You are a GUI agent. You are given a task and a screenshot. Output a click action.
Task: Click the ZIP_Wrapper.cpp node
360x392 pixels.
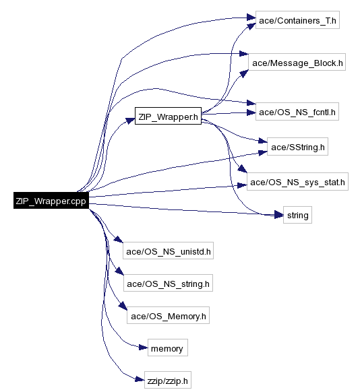pos(51,200)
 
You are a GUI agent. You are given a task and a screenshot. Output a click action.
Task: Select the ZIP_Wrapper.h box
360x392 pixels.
pos(168,116)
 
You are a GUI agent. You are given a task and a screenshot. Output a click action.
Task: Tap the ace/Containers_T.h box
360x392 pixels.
pos(297,20)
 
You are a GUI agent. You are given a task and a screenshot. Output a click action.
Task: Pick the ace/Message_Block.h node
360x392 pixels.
pos(297,62)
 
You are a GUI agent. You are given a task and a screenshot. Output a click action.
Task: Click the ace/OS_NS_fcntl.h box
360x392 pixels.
pos(297,111)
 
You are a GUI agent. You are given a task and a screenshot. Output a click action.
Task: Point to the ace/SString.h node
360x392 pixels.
pos(297,146)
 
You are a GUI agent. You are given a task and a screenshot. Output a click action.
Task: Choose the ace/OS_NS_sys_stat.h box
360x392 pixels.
pos(297,181)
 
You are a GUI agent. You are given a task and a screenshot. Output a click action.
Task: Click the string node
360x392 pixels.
pos(297,215)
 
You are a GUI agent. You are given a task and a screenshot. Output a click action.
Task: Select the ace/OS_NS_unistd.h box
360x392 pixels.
pos(168,251)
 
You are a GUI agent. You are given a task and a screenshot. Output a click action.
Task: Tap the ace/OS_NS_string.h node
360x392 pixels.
pos(168,283)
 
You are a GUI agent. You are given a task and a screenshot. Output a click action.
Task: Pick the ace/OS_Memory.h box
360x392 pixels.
pos(168,315)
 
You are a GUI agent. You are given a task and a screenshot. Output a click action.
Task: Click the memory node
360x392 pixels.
pos(168,348)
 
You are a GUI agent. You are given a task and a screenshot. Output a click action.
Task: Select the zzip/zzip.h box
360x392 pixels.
pos(168,380)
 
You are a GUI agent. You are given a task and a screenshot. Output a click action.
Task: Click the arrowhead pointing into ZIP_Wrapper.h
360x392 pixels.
pos(130,121)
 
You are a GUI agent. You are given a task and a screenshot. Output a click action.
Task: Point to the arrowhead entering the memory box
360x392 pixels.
pos(144,348)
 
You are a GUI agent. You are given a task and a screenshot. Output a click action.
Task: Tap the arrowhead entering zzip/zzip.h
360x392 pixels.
pos(140,379)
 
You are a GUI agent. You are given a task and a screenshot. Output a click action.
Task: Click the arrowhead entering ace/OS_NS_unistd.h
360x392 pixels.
pos(119,239)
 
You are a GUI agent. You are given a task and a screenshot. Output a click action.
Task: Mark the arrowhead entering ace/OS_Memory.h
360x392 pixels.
pos(123,306)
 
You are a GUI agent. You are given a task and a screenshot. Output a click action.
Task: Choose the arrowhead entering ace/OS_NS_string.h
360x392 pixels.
pos(119,271)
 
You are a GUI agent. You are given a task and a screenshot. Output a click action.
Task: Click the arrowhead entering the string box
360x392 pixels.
pos(278,214)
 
